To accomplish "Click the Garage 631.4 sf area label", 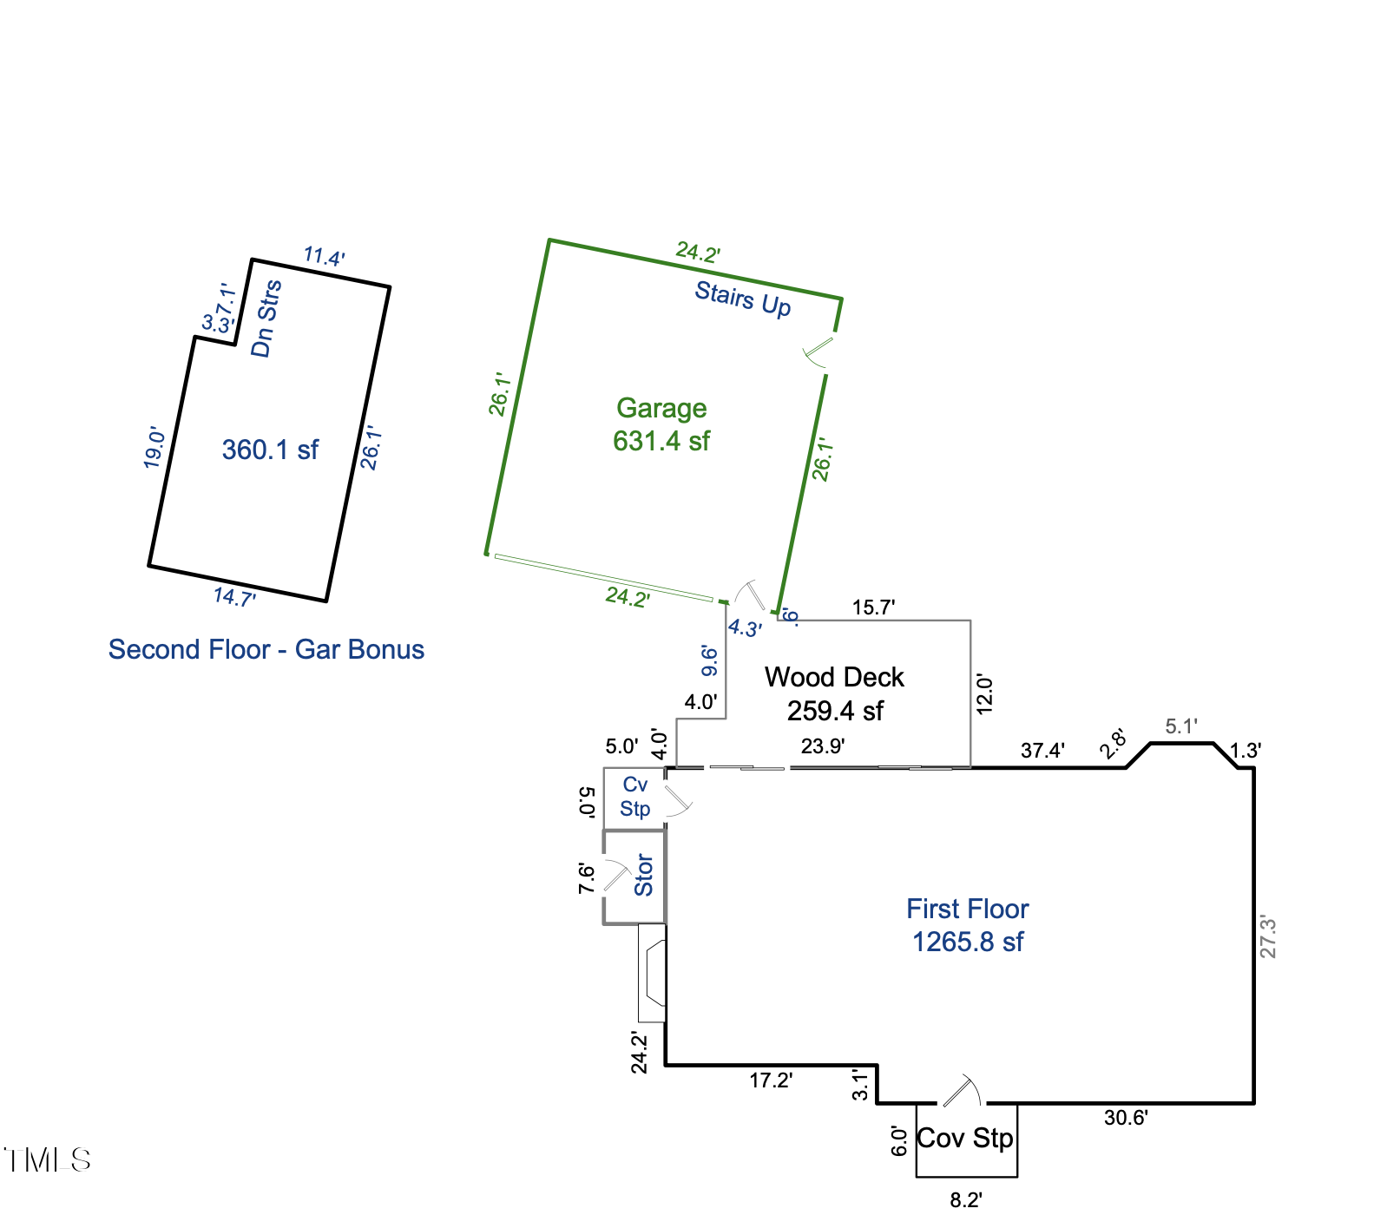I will pos(661,424).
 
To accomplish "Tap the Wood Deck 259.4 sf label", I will pos(834,693).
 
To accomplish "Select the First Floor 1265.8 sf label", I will pos(967,925).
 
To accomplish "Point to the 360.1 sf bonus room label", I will pos(270,450).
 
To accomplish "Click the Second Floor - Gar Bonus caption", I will pos(266,649).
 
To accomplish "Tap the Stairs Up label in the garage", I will pos(742,299).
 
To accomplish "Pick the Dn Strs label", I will pos(266,319).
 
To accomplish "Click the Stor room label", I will pos(643,875).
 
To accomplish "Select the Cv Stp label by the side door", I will pos(635,797).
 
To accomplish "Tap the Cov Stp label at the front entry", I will pos(965,1138).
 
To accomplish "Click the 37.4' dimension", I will pos(1042,750).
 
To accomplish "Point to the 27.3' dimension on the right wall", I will pos(1268,936).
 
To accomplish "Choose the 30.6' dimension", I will pos(1126,1118).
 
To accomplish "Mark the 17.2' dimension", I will pos(771,1080).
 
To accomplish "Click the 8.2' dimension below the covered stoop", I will pos(965,1199).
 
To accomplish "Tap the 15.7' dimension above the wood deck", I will pos(873,607).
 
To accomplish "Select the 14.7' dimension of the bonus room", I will pos(234,597).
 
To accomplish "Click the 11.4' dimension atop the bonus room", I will pos(324,257).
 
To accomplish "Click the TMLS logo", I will pos(47,1159).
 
